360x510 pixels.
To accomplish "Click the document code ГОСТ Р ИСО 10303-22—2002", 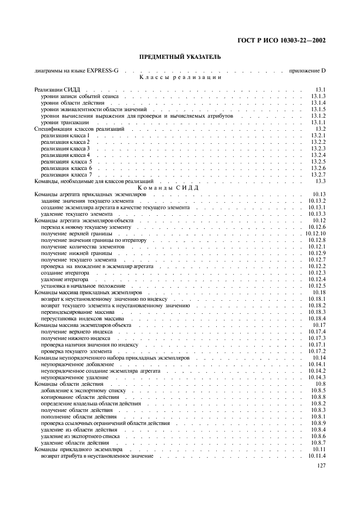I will coord(285,40).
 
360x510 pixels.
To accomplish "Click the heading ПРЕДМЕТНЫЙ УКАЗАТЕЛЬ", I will coord(180,57).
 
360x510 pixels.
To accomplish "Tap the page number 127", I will coord(321,466).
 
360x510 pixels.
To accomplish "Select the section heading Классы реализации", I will coord(180,77).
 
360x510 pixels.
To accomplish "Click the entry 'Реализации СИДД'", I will coord(58,89).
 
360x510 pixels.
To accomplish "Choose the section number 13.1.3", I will coord(318,96).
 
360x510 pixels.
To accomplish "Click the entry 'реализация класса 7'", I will coord(66,174).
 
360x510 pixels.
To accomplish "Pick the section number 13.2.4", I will coord(318,155).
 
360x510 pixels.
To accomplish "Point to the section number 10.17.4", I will coord(317,331).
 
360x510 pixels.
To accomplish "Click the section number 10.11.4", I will coord(317,456).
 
